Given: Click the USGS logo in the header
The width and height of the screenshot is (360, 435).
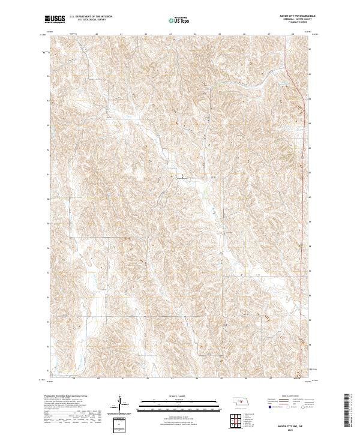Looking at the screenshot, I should point(55,20).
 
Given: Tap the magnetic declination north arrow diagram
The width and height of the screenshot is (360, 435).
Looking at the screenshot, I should point(121,404).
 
